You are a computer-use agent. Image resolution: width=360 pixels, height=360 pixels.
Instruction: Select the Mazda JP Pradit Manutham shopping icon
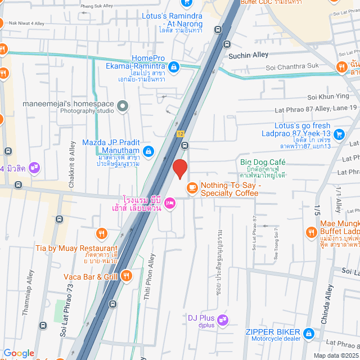(x=148, y=151)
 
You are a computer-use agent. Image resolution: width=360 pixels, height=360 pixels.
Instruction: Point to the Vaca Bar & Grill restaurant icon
(x=127, y=276)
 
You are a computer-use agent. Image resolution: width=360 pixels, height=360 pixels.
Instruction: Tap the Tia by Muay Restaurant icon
(x=101, y=233)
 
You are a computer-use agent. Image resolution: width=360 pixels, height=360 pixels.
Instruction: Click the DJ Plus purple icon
(x=222, y=320)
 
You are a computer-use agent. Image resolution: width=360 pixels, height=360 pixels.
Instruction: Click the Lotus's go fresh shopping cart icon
(x=339, y=134)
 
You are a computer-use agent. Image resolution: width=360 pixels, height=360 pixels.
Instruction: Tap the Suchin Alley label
(x=248, y=55)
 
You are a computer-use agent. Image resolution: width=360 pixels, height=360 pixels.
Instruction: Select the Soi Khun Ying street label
(x=328, y=97)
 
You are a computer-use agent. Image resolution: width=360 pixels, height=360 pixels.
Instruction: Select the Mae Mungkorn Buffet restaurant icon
(x=311, y=232)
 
